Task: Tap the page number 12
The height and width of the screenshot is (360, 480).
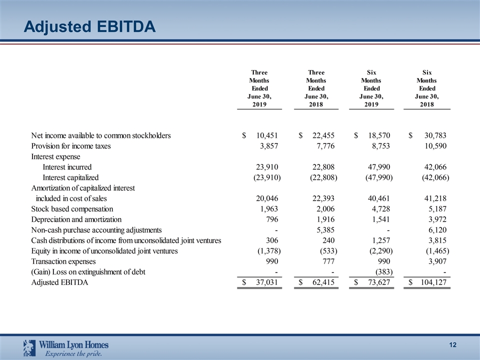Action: point(453,345)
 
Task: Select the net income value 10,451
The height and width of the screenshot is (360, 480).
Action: point(267,135)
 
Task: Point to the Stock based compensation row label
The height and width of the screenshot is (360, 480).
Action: point(72,209)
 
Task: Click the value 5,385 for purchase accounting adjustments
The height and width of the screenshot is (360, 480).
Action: point(325,230)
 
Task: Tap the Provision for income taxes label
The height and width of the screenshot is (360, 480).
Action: point(71,146)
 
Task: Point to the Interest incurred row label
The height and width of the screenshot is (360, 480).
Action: point(67,167)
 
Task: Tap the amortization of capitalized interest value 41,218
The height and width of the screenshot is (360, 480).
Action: point(433,198)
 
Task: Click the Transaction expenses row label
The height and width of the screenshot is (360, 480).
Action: point(63,261)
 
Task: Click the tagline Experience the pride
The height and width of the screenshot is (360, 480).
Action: point(74,354)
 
